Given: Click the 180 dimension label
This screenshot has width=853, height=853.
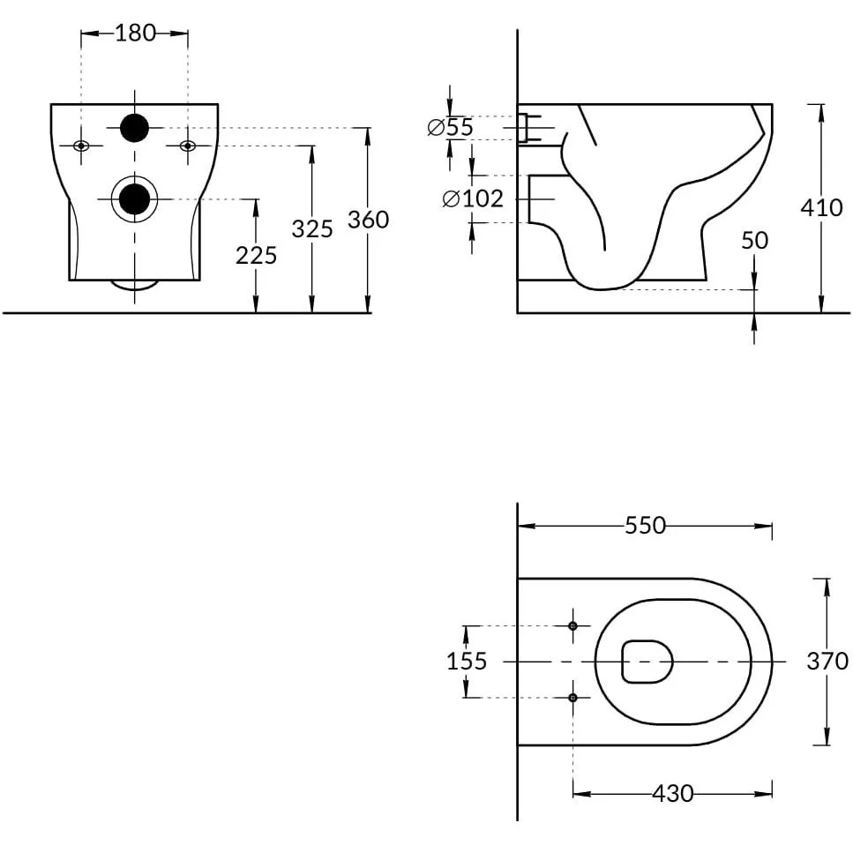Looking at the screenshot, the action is (x=136, y=34).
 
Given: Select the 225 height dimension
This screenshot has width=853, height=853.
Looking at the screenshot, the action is (x=256, y=255).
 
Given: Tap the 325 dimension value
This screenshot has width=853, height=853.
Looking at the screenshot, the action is (x=312, y=229).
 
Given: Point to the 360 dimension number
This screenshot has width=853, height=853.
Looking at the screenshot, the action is (x=369, y=220).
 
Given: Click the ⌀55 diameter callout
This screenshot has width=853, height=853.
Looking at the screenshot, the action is (x=451, y=127).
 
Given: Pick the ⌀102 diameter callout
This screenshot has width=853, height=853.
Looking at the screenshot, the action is (x=473, y=198).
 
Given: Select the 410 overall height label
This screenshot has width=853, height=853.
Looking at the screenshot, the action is (x=821, y=208).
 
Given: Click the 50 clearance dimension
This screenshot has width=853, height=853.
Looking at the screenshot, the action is (x=754, y=241).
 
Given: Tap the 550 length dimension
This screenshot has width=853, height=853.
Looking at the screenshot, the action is (x=645, y=526).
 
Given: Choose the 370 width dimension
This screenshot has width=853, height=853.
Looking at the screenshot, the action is (x=827, y=661).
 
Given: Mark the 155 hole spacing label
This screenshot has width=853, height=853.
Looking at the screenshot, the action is (x=467, y=662).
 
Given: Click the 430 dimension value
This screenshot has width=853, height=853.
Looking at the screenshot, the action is (x=673, y=794).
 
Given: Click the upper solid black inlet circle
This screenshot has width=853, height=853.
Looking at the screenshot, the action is (x=134, y=128).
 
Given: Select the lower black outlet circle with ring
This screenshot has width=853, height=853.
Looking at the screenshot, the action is (x=134, y=199).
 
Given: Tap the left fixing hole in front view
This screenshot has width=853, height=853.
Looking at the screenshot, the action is (x=81, y=146).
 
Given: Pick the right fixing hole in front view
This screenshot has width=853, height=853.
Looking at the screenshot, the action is (x=188, y=146).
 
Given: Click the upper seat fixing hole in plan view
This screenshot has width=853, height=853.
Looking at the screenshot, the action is (x=572, y=626).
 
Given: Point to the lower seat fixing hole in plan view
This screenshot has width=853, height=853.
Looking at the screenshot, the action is (x=572, y=698).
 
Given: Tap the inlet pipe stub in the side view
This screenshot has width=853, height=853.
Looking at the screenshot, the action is (x=528, y=128).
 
